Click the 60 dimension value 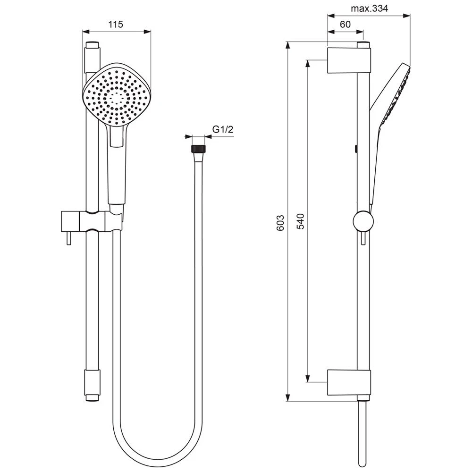[345, 25]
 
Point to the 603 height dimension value [280, 222]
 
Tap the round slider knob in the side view [362, 221]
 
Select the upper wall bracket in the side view [348, 60]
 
